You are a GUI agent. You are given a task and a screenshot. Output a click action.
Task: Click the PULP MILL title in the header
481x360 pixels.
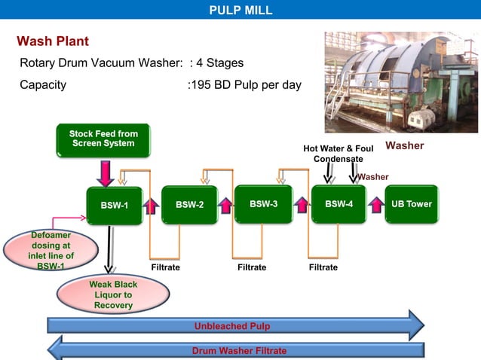tap(240, 10)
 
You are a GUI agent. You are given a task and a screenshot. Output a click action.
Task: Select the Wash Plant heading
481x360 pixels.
tap(53, 41)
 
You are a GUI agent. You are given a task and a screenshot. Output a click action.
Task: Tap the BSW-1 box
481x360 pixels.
tap(115, 205)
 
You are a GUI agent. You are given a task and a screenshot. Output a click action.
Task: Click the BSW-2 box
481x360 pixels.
tap(189, 204)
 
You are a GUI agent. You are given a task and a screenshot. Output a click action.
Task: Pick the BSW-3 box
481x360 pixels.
tap(263, 204)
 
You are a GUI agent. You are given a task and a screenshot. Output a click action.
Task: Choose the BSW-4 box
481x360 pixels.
tap(339, 204)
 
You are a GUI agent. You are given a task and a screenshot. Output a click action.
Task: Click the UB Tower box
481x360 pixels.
tap(412, 204)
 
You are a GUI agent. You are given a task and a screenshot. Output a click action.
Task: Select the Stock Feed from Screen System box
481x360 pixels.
tap(103, 139)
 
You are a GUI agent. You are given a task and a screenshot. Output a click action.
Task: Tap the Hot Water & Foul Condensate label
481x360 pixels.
tap(338, 154)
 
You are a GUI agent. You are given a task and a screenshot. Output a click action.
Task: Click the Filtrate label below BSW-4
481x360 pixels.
tap(323, 267)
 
